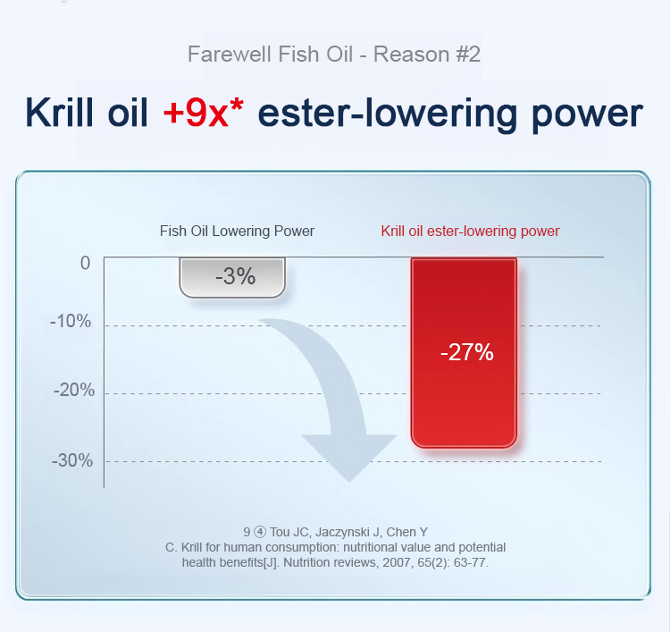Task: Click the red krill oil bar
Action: [x=464, y=353]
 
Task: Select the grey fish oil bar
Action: [x=232, y=277]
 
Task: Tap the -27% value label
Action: [x=467, y=352]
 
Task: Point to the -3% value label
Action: [x=236, y=276]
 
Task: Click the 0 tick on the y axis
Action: [x=86, y=263]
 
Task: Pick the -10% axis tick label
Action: [x=71, y=321]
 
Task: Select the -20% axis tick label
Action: [x=74, y=390]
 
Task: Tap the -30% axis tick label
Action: [x=72, y=460]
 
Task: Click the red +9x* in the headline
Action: [x=204, y=113]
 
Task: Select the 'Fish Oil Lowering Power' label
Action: [x=237, y=231]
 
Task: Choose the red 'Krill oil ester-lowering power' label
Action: [x=470, y=231]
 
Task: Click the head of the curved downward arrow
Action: [x=349, y=458]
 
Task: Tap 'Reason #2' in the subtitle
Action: [x=427, y=55]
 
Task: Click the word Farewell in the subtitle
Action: [x=230, y=55]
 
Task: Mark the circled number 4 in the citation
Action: [x=260, y=532]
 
